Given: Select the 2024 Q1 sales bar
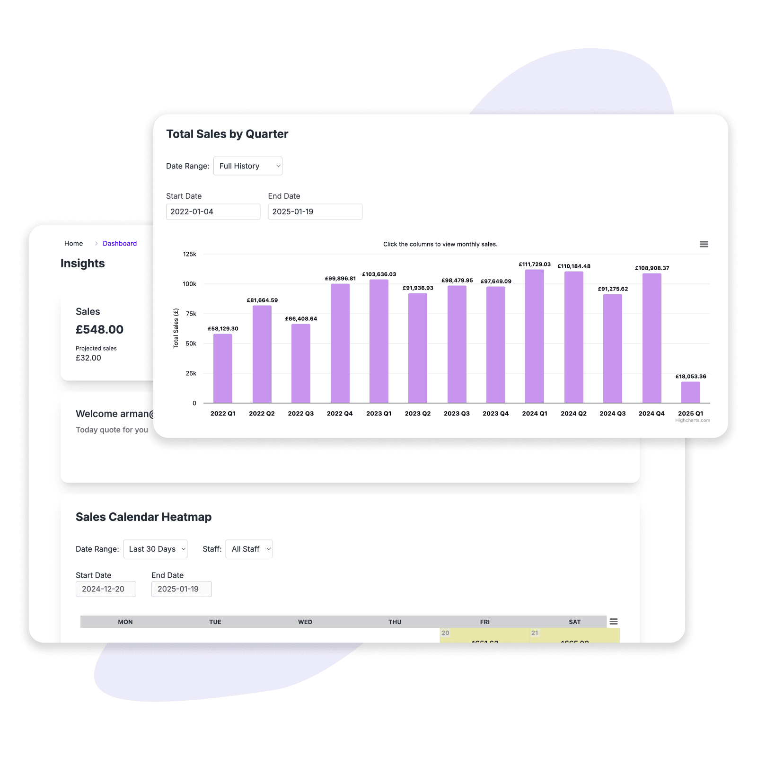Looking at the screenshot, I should click(x=534, y=336).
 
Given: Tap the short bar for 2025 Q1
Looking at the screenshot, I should click(x=690, y=392).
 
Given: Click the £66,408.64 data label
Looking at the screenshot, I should click(x=301, y=319).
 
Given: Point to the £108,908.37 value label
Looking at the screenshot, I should click(x=651, y=268).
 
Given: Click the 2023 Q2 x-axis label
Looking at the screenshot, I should click(x=417, y=414).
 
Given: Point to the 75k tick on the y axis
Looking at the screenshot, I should click(x=191, y=314).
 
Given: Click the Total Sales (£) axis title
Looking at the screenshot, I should click(x=176, y=328).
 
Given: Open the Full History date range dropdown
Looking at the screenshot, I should click(x=247, y=166).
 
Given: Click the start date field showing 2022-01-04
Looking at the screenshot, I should click(x=213, y=212).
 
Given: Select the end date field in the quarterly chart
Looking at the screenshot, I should click(x=315, y=212).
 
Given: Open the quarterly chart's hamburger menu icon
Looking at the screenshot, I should click(x=704, y=244).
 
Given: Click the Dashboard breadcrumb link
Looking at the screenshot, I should click(x=120, y=244).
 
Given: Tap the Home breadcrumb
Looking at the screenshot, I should click(x=73, y=244).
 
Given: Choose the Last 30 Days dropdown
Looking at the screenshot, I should click(x=155, y=549).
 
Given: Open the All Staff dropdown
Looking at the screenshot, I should click(x=249, y=549).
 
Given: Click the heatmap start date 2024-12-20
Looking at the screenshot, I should click(x=106, y=589).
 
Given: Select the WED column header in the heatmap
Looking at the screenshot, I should click(x=305, y=622).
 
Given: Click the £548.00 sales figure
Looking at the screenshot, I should click(x=99, y=330).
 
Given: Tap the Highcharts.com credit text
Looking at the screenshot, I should click(x=692, y=420).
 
